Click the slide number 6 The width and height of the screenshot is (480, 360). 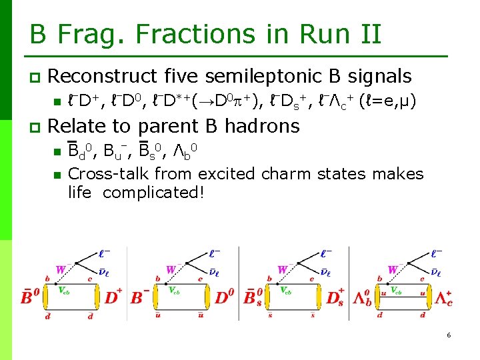[449, 335]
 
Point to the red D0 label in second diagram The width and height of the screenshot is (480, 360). [224, 295]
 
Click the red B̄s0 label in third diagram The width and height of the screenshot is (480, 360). [254, 295]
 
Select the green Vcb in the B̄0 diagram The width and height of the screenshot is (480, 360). [64, 289]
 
